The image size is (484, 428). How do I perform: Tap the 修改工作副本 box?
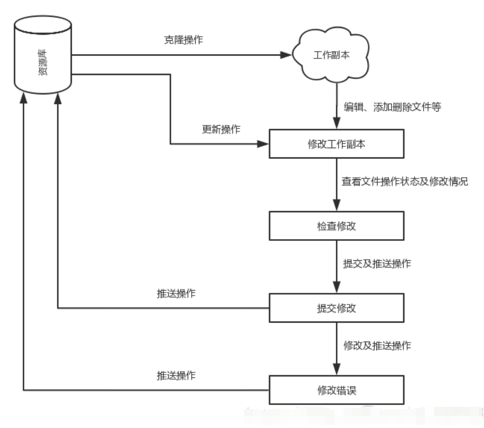tap(336, 144)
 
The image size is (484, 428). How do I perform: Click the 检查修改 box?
tap(336, 226)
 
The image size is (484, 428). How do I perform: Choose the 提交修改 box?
tap(336, 308)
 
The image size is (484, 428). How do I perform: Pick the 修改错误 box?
tap(336, 390)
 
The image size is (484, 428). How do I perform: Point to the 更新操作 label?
tap(221, 130)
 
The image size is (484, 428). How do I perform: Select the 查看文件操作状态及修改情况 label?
tap(404, 182)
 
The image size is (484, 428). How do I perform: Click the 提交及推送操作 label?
tap(377, 264)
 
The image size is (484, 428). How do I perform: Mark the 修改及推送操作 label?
tap(377, 346)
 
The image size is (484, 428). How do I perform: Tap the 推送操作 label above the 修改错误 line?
tap(176, 375)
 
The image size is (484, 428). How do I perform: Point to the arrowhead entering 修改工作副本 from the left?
tap(263, 144)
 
